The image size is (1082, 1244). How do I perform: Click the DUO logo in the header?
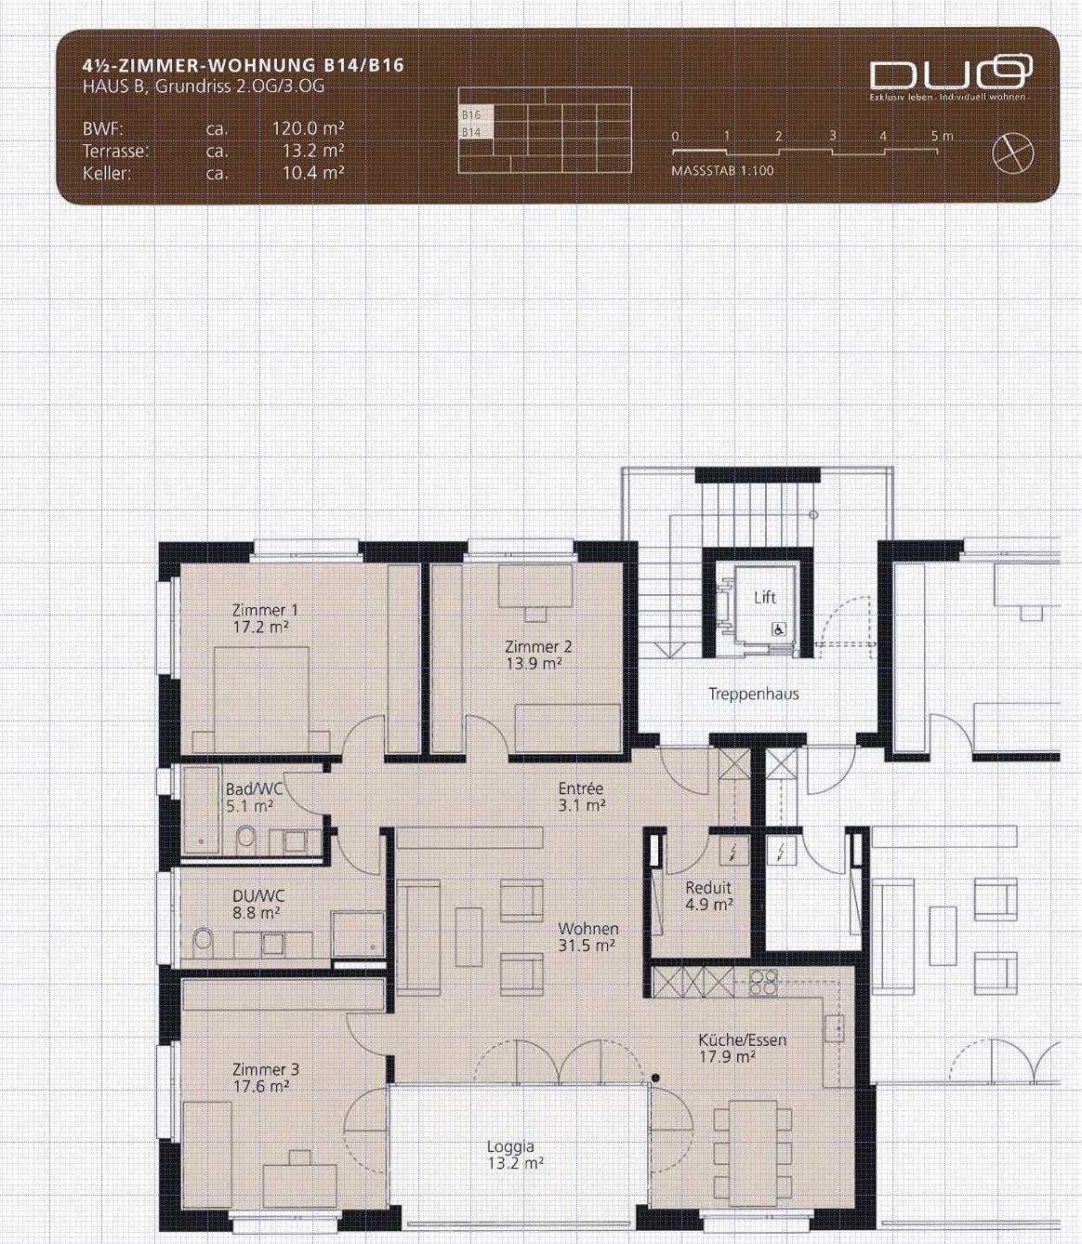[x=951, y=73]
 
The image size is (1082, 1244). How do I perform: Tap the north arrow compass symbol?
[x=1012, y=153]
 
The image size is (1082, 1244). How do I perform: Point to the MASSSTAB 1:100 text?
[x=723, y=171]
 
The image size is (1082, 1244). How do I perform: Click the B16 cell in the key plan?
[x=476, y=114]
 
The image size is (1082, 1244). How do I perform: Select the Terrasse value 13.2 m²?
[x=313, y=151]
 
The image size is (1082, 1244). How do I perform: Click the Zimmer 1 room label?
[x=265, y=610]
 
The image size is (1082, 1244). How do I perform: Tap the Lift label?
[x=765, y=598]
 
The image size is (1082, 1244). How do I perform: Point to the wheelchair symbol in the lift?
[x=779, y=630]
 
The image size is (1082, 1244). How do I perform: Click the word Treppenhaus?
[x=754, y=695]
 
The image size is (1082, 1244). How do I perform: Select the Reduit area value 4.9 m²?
[x=708, y=905]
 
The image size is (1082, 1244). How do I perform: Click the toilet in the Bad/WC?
[x=245, y=837]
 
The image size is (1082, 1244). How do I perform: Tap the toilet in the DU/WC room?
[x=203, y=941]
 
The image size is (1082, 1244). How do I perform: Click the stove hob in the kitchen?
[x=763, y=983]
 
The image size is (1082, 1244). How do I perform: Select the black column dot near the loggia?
[x=655, y=1078]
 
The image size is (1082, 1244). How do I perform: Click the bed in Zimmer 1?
[x=261, y=699]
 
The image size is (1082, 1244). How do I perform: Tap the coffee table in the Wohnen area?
[x=468, y=937]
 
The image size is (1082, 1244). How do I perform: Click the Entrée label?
[x=581, y=788]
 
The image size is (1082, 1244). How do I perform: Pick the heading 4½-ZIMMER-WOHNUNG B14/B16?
[x=244, y=65]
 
